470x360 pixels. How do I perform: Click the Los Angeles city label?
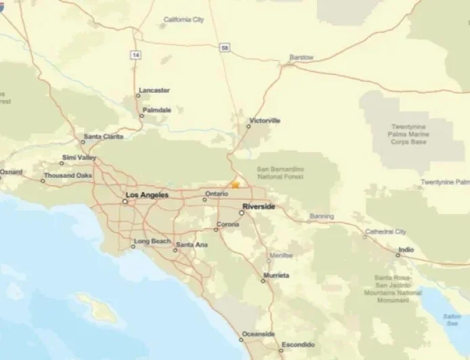point(146,195)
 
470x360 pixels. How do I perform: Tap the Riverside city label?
point(258,206)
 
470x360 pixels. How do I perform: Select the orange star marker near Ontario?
point(235,183)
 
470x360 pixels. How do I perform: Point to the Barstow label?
point(301,58)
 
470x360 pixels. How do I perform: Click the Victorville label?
point(264,120)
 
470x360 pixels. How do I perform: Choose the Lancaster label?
point(154,90)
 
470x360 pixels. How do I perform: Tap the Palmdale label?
point(157,110)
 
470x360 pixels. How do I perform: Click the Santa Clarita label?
point(104,137)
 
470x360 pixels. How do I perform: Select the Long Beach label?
point(152,241)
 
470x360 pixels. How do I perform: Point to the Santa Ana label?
point(192,244)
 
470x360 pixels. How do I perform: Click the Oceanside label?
point(258,334)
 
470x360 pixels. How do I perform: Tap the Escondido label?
point(297,344)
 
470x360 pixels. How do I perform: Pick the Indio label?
point(406,249)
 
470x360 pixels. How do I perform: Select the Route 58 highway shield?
point(224,47)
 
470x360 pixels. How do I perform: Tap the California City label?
point(184,20)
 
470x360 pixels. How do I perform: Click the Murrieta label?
point(276,275)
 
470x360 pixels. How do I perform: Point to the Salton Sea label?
point(452,319)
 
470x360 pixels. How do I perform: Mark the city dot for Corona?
point(216,229)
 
